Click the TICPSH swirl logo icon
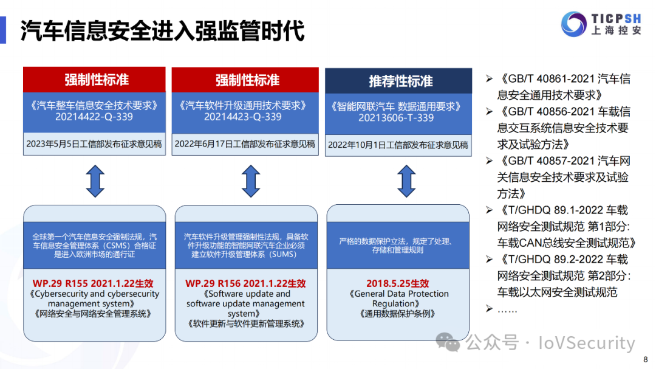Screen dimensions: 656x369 (x=573, y=24)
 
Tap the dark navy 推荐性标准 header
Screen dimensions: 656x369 (x=398, y=81)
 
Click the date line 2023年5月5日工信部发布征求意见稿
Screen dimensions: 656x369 (x=94, y=145)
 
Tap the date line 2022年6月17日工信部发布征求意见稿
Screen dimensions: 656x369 (x=245, y=144)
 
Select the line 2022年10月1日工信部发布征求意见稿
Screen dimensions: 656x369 (x=398, y=145)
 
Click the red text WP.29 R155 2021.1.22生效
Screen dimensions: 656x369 (x=94, y=283)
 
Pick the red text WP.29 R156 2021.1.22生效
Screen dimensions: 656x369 (x=245, y=283)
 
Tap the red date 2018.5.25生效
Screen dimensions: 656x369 (x=397, y=283)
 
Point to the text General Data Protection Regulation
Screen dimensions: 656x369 (x=398, y=298)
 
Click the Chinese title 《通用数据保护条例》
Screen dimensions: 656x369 (x=397, y=314)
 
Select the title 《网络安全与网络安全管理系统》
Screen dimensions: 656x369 (x=94, y=314)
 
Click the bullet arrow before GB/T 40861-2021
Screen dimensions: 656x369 (x=489, y=79)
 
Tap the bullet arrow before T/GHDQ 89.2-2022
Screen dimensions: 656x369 (x=489, y=260)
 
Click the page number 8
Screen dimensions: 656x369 (x=645, y=359)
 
